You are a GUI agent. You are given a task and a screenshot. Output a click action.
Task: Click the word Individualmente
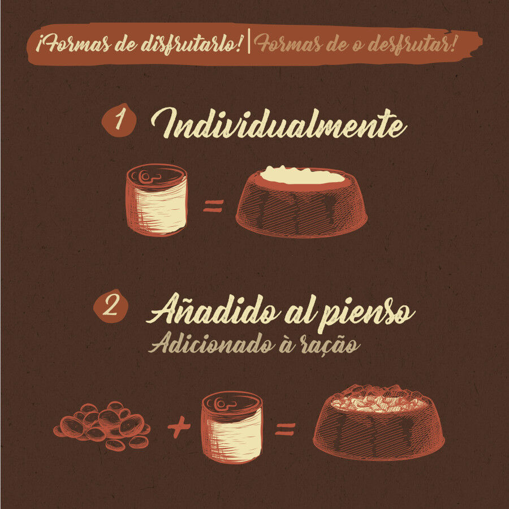[x=278, y=124]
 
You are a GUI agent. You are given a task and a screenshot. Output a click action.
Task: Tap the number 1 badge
[x=119, y=120]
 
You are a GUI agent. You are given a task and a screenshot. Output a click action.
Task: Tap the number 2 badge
[x=111, y=307]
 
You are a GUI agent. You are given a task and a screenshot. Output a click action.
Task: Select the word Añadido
[x=213, y=309]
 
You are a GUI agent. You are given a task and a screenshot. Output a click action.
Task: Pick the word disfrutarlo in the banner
[x=192, y=44]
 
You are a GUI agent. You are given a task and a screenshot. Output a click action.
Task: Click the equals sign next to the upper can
[x=213, y=206]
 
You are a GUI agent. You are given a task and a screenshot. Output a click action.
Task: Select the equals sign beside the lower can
[x=285, y=429]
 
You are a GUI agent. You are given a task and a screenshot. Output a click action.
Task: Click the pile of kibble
[x=102, y=425]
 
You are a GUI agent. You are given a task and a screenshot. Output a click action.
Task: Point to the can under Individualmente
[x=157, y=200]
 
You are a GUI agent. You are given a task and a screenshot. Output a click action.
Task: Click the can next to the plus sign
[x=232, y=427]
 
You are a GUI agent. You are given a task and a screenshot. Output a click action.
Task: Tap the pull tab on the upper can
[x=149, y=176]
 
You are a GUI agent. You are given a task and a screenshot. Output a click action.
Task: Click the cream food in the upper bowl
[x=302, y=175]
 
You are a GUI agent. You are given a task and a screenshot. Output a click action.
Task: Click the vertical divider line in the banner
[x=249, y=41]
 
